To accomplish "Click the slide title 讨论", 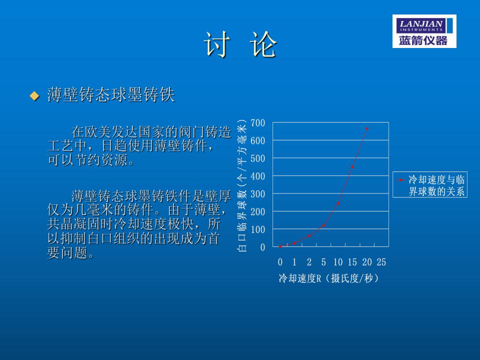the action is [x=240, y=44].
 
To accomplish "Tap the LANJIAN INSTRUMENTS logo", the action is [x=424, y=31].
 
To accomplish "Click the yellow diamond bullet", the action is [x=34, y=96].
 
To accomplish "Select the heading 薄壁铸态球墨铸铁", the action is [x=111, y=94].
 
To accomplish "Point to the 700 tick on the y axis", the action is [x=258, y=123].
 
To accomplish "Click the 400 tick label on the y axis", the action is [x=258, y=176].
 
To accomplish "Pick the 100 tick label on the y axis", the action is [x=258, y=229].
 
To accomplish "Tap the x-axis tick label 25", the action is [x=381, y=261].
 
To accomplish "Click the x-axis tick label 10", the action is [x=338, y=261].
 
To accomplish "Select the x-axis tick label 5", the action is [x=323, y=261].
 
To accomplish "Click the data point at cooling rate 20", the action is [x=367, y=128].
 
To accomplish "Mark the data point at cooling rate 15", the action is [x=352, y=167].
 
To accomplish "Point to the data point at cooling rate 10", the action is [x=338, y=203].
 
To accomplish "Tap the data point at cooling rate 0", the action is [x=280, y=246].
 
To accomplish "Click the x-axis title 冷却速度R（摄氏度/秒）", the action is [x=329, y=278].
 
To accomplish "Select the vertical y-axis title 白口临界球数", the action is [x=242, y=219].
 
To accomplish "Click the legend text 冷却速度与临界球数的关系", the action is [x=436, y=185].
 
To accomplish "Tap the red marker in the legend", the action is [x=401, y=180].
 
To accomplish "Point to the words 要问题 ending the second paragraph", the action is [x=70, y=253].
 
